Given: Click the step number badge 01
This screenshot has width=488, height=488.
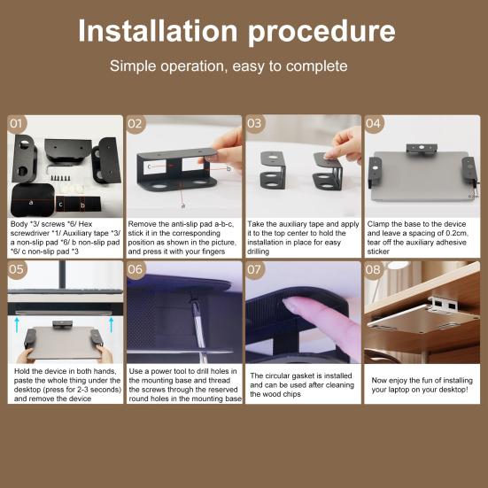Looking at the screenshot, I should pyautogui.click(x=18, y=124).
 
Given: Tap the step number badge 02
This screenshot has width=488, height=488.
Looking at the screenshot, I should pyautogui.click(x=136, y=124).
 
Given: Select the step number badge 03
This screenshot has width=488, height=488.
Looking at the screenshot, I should pyautogui.click(x=255, y=124).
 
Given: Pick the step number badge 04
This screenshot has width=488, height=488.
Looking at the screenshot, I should pyautogui.click(x=374, y=124).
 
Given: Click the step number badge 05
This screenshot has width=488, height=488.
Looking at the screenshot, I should pyautogui.click(x=18, y=270).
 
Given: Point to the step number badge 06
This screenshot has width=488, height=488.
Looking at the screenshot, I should pyautogui.click(x=136, y=270).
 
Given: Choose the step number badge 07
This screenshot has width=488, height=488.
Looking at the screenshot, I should pyautogui.click(x=255, y=270).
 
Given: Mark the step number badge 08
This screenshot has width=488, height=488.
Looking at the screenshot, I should pyautogui.click(x=374, y=270).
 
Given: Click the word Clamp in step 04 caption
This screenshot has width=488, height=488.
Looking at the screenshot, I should pyautogui.click(x=378, y=225).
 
